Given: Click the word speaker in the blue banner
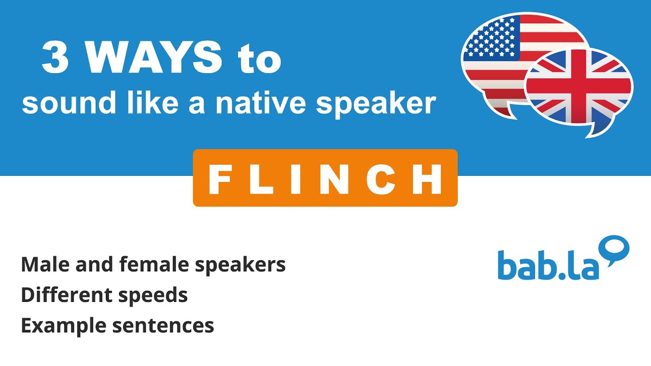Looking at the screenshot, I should click(376, 104).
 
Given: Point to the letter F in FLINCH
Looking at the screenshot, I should click(220, 179).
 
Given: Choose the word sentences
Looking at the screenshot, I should click(163, 326).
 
